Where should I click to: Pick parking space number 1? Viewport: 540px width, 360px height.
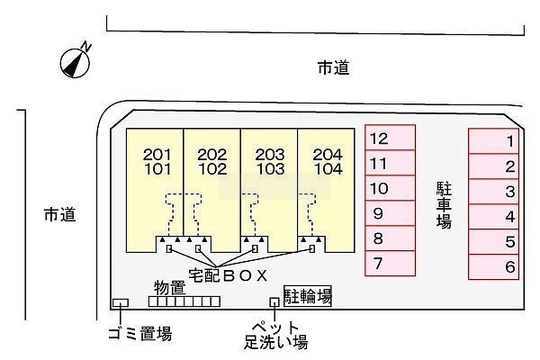[495, 140]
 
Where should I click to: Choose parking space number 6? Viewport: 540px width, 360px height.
[495, 266]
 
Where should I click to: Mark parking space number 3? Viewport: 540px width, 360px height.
[495, 191]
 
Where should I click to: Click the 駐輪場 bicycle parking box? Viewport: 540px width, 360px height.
[307, 295]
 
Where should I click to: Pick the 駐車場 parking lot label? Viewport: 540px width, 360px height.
[444, 204]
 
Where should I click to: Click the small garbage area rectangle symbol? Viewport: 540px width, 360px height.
[120, 303]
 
